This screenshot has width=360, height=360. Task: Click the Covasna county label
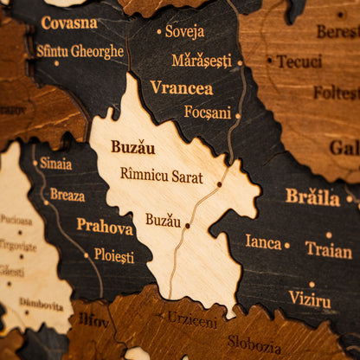69,23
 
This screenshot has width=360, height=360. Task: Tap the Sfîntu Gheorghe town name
80,51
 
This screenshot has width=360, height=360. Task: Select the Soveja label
185,31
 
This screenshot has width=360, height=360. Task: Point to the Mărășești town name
202,61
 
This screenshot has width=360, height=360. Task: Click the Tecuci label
299,61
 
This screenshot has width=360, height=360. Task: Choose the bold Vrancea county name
181,87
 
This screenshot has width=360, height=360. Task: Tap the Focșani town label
208,112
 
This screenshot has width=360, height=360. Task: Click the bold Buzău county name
132,147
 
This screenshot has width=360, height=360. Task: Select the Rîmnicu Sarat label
162,176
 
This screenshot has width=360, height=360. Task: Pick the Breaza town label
67,195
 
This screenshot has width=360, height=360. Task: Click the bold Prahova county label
105,227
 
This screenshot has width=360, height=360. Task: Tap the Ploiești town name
114,256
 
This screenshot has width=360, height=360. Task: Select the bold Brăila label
312,196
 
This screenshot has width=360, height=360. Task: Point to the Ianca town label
263,241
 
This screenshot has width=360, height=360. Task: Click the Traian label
329,250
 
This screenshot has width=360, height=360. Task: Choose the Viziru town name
310,299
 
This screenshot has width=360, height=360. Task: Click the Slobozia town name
254,344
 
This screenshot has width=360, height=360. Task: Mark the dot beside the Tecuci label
269,61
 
